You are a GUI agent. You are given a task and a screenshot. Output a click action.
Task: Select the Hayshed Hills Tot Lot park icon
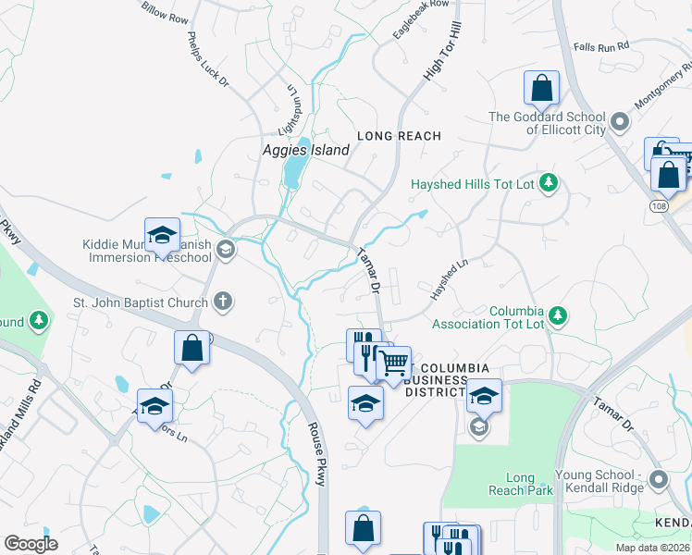click(x=549, y=183)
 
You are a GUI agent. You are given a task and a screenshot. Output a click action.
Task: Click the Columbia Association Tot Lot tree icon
click(x=558, y=316)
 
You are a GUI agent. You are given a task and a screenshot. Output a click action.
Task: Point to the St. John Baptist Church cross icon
click(x=222, y=301)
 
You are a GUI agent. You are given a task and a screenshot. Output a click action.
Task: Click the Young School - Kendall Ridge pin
click(x=659, y=479)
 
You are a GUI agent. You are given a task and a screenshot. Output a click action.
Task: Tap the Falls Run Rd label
click(x=600, y=44)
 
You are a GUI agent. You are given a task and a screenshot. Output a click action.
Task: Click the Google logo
click(x=31, y=544)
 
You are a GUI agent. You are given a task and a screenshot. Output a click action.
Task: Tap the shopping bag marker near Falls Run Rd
click(x=541, y=89)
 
